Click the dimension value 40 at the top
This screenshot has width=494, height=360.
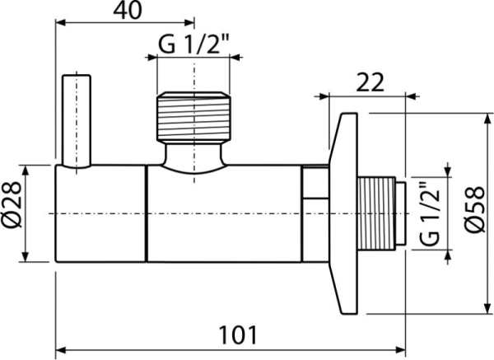(x=124, y=11)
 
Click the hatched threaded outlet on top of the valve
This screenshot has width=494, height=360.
(x=194, y=119)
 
